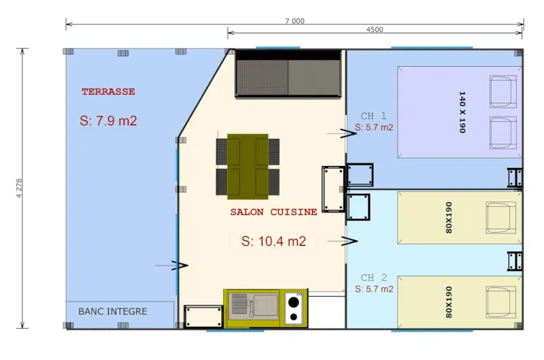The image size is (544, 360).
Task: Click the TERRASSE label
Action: tap(108, 91)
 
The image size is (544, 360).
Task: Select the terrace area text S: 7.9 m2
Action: tap(108, 121)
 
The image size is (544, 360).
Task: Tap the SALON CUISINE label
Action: tap(273, 212)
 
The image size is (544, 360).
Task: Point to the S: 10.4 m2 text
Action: tap(273, 241)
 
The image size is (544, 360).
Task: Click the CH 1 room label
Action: tap(374, 116)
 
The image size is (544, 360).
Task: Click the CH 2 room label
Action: tap(374, 277)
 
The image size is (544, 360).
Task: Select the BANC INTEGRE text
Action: tap(113, 312)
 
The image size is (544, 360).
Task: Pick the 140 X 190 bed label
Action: tap(462, 112)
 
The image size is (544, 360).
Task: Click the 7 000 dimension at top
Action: tap(294, 21)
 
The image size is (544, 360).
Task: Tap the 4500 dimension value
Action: tap(375, 30)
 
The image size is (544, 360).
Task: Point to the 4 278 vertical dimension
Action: tap(19, 187)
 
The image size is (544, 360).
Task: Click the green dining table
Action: tap(248, 165)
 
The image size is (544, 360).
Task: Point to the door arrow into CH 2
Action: tap(349, 240)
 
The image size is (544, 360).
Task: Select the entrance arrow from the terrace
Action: tap(179, 265)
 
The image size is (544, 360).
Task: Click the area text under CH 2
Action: tap(374, 289)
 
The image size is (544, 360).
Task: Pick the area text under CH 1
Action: tap(374, 127)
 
